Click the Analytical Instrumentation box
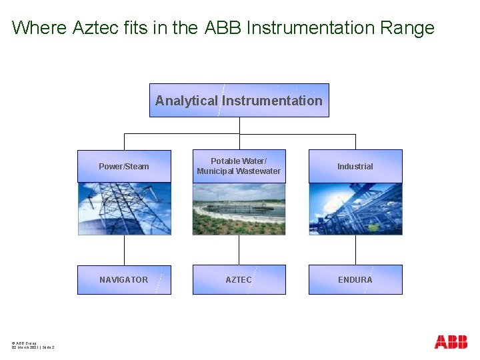click(239, 101)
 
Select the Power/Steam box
click(124, 166)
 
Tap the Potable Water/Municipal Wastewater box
click(239, 166)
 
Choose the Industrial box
click(355, 166)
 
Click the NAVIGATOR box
click(124, 279)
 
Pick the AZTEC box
click(239, 279)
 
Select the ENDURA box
click(355, 279)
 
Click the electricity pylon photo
click(124, 209)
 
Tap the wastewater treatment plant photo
click(239, 209)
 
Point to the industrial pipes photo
click(355, 209)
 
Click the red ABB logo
click(451, 342)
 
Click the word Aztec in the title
click(92, 28)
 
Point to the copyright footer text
click(33, 345)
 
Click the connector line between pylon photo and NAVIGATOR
click(124, 250)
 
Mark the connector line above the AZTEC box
click(239, 250)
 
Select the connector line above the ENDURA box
click(355, 250)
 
